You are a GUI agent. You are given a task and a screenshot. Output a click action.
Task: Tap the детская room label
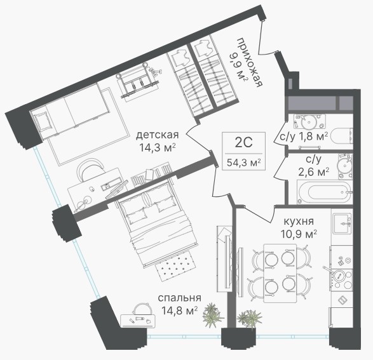pos(157,135)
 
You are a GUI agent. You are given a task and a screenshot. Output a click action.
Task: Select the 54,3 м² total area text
pos(244,163)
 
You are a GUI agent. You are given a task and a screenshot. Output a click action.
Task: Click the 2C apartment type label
pos(243,143)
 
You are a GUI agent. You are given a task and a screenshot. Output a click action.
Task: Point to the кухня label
pos(299,221)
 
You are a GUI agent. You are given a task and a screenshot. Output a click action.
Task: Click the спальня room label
pos(179,298)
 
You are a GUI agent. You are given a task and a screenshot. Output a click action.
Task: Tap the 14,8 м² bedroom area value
pos(179,310)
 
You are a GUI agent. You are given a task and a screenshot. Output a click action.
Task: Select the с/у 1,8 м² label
pos(304,137)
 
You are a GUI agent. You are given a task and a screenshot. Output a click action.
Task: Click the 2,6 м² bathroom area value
pos(314,172)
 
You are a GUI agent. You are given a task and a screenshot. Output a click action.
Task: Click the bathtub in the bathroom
pos(325,192)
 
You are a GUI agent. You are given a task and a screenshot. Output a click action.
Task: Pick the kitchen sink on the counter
pos(342,223)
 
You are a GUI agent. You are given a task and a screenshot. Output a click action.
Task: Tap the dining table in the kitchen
pos(280,273)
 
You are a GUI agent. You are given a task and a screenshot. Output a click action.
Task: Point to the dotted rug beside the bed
pos(176,265)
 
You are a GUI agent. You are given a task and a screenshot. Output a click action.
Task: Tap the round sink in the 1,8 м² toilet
pos(309,122)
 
